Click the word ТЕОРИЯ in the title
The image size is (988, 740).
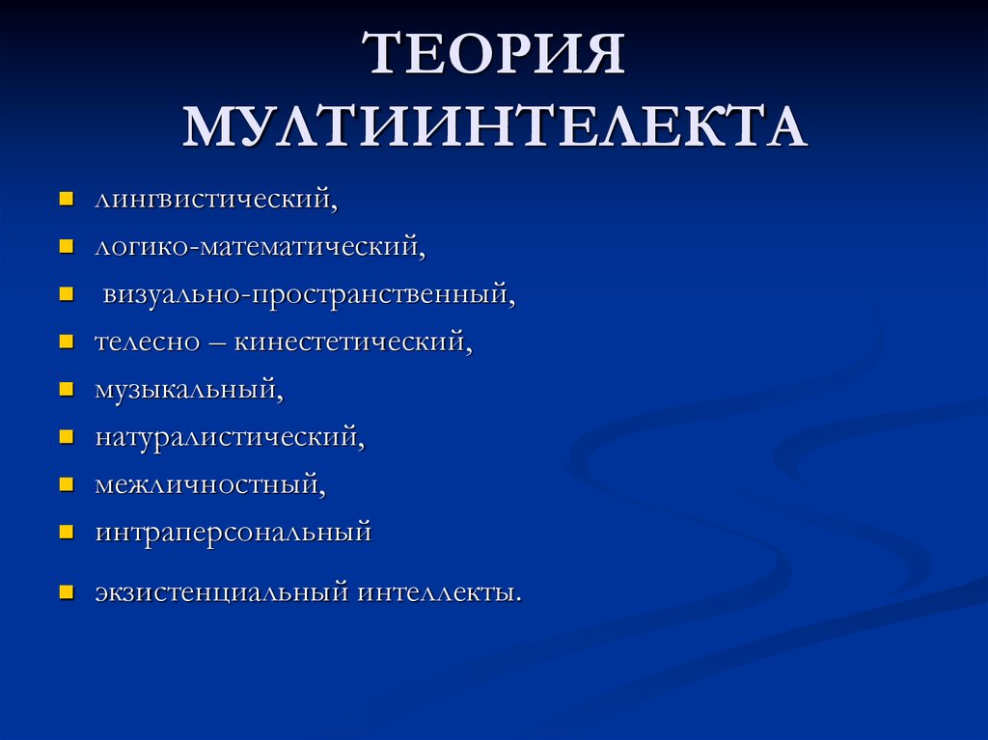pyautogui.click(x=494, y=55)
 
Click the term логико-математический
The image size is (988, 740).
pyautogui.click(x=259, y=247)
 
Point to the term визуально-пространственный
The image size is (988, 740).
pyautogui.click(x=309, y=293)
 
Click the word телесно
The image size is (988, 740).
pyautogui.click(x=147, y=341)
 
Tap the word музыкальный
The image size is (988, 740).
pyautogui.click(x=188, y=389)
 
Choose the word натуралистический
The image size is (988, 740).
pyautogui.click(x=229, y=436)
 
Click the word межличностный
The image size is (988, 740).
pyautogui.click(x=209, y=483)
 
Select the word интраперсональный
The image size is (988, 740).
pyautogui.click(x=233, y=532)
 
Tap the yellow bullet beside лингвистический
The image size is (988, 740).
pyautogui.click(x=67, y=201)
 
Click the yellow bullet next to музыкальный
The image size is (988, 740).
pyautogui.click(x=67, y=390)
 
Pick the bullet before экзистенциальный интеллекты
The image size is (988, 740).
pyautogui.click(x=67, y=591)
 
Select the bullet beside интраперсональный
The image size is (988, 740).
pyautogui.click(x=67, y=532)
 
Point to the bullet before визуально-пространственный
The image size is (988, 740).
pyautogui.click(x=67, y=294)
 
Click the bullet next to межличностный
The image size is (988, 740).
pyautogui.click(x=67, y=484)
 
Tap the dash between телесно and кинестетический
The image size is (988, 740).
pyautogui.click(x=217, y=343)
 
